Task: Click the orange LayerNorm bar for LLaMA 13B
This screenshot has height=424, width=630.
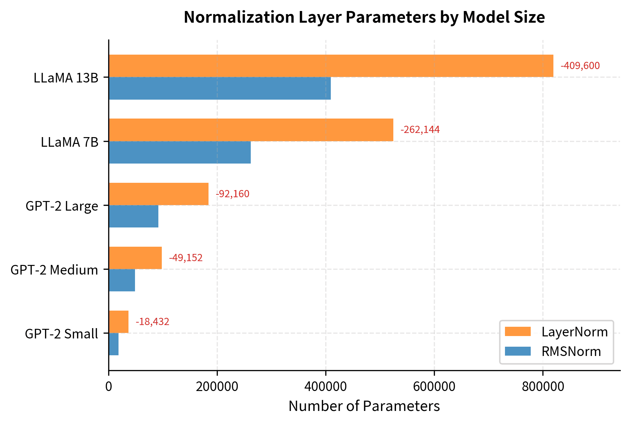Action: pos(331,66)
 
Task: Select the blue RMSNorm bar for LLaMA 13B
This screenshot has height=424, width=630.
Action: pos(220,89)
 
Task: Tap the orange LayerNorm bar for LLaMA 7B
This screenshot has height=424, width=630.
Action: pos(251,130)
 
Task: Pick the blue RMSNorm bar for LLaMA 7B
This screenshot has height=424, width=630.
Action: pos(180,153)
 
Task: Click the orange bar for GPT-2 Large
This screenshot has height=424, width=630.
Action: pos(158,194)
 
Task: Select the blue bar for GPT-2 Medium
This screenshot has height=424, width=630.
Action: pos(122,280)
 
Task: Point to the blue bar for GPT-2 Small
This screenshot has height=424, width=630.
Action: pos(114,344)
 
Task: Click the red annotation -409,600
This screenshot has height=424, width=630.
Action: pos(580,66)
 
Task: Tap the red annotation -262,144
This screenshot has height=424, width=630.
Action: pos(420,130)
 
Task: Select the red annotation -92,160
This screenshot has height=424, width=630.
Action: pos(232,194)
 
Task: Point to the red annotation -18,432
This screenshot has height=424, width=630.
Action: pos(152,322)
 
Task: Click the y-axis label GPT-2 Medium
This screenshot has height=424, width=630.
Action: pos(54,270)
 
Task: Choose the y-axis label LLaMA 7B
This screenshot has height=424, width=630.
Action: pos(69,142)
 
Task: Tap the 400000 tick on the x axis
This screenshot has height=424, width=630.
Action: pos(326,386)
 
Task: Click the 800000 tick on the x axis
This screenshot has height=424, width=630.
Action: pos(543,386)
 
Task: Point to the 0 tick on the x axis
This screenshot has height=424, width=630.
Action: pos(109,386)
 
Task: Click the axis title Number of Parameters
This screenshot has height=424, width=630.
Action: pos(364,406)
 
